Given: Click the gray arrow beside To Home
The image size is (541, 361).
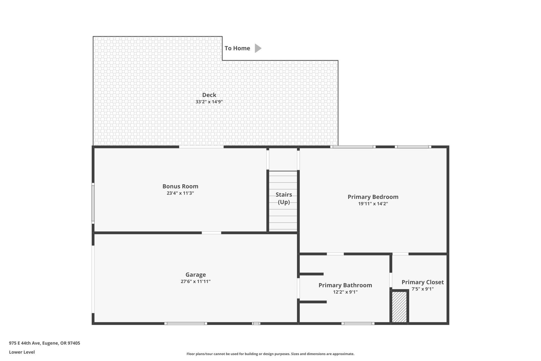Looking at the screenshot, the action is click(258, 48).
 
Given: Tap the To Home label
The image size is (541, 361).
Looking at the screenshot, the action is click(237, 48).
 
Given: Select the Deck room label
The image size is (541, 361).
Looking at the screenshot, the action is click(209, 95).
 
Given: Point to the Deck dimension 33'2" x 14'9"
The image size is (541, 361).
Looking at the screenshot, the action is click(209, 102).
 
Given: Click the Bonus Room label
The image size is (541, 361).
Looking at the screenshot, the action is click(180, 186).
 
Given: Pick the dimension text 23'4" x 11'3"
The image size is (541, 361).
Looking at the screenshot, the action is click(180, 193).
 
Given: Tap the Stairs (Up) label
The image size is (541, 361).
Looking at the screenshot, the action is click(284, 198).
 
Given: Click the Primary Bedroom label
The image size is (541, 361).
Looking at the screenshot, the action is click(373, 197).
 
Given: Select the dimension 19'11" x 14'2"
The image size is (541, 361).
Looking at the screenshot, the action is click(373, 204).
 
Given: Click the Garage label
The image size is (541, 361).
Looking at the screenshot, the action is click(196, 275).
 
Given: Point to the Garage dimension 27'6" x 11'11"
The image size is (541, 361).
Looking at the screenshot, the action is click(196, 281).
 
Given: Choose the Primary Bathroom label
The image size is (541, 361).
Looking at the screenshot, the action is click(345, 285).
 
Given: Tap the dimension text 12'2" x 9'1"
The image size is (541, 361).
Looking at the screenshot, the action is click(345, 292).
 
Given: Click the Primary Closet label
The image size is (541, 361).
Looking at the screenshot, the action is click(423, 282).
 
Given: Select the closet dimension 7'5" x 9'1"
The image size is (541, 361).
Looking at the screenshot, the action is click(423, 289).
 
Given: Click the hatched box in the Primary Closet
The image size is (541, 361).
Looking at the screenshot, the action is click(399, 307).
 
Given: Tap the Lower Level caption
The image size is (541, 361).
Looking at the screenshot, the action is click(22, 352).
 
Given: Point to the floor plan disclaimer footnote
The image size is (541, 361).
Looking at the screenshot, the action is click(270, 354).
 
